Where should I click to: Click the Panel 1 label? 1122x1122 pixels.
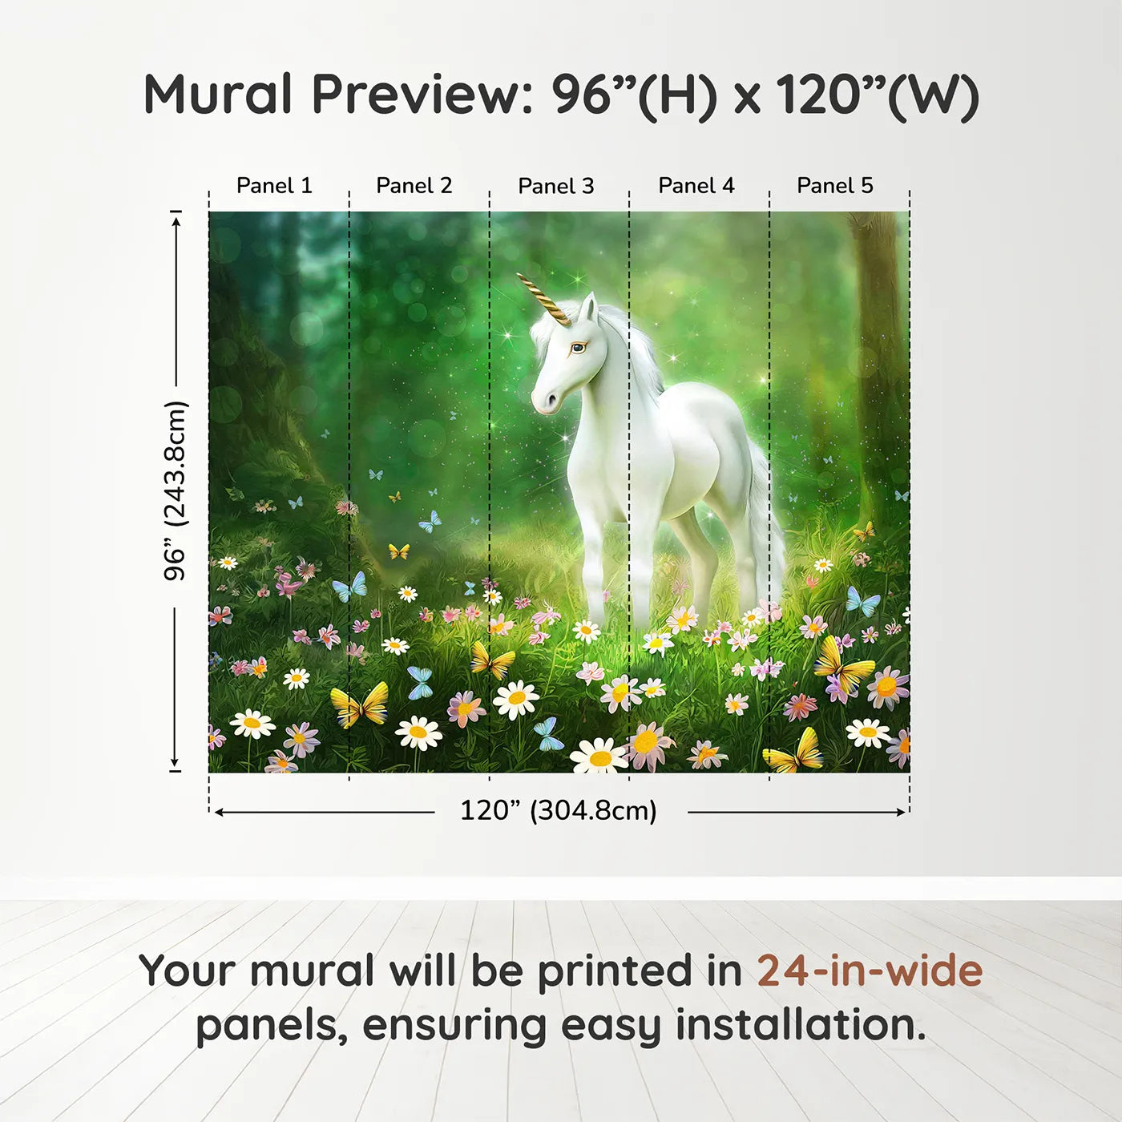pos(274,186)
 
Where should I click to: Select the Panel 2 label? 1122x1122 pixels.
pos(414,186)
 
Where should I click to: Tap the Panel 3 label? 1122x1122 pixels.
pos(556,186)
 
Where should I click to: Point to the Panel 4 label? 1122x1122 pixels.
pos(696,186)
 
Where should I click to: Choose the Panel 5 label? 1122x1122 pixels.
pos(835,186)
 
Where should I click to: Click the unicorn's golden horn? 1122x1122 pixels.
pos(544,299)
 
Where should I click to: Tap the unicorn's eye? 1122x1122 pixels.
pos(577,348)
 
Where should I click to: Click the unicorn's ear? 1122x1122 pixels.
pos(588,307)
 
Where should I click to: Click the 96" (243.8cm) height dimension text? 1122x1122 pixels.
pos(176,490)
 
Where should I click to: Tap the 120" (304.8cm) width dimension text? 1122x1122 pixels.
pos(559,811)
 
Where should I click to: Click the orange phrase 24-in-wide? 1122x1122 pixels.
pos(870,971)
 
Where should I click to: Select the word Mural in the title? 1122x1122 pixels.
pos(218,95)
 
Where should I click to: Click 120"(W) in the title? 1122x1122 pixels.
pos(878,96)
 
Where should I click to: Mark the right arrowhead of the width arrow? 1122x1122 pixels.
pos(902,812)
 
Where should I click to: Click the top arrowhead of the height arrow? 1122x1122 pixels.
pos(176,220)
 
